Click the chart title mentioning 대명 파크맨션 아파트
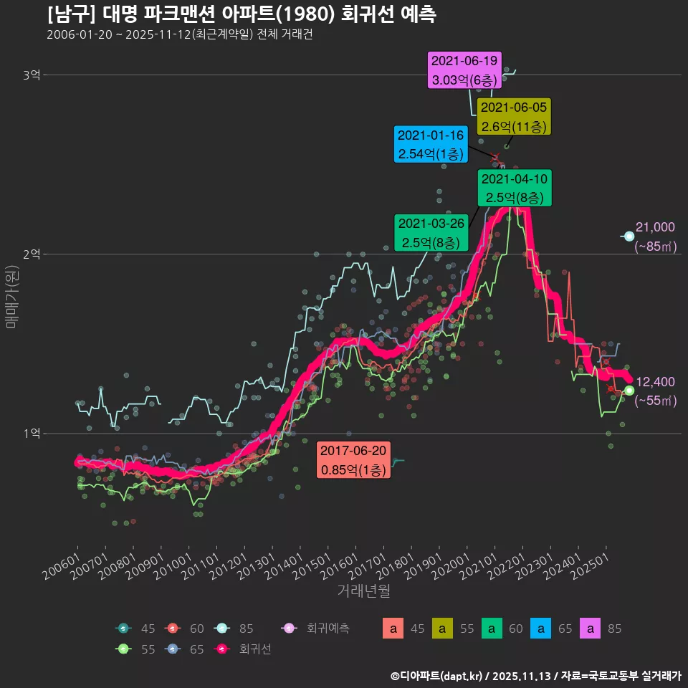point(242,14)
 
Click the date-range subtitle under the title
point(179,34)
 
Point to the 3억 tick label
point(32,75)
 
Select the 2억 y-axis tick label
point(32,254)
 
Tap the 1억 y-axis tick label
point(32,434)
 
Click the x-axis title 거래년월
point(364,591)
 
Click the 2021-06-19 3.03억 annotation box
point(464,70)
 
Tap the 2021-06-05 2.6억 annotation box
point(514,117)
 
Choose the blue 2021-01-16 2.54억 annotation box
point(431,144)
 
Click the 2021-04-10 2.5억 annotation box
point(515,188)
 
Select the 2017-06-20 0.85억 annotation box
point(353,459)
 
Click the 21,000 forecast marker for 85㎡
point(629,236)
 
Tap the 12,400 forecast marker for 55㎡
point(629,391)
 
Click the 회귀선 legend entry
point(244,649)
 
